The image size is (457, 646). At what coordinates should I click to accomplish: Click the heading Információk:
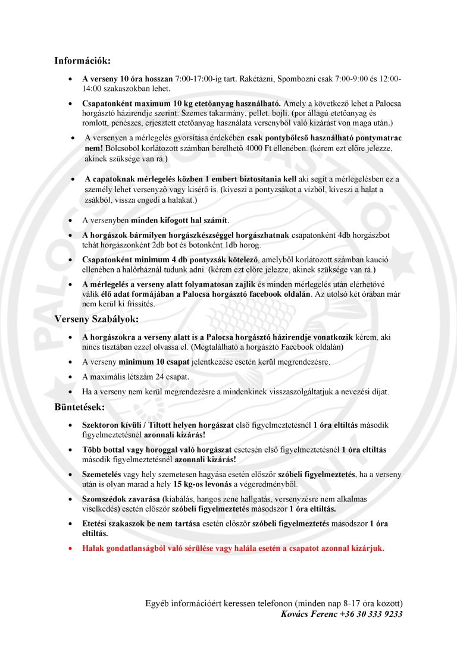pos(82,61)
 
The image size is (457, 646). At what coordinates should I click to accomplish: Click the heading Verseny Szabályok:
pos(96,319)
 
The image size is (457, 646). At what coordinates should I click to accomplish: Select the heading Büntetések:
pos(80,407)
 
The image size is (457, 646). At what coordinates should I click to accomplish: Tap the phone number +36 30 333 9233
pos(371,614)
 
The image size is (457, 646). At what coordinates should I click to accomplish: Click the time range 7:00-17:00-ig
pos(199,79)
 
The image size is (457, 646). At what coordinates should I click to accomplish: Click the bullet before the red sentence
pos(70,548)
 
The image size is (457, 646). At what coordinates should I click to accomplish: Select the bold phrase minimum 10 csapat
pos(151,362)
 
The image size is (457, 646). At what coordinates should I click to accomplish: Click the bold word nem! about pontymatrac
pos(93,147)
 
